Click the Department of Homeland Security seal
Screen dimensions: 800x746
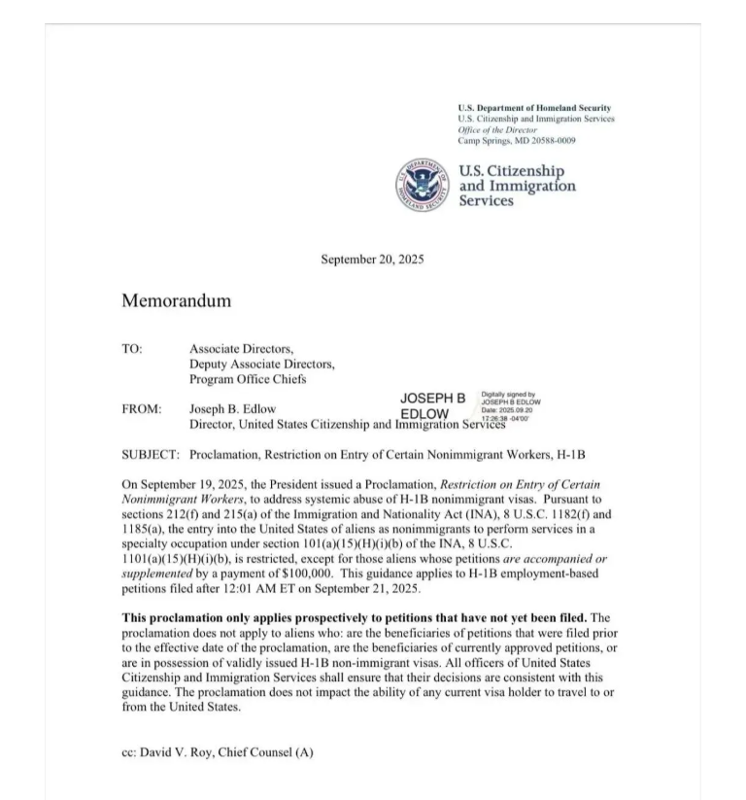[x=424, y=185]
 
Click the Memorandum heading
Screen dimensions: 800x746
[x=176, y=300]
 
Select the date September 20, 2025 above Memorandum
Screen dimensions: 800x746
[x=372, y=259]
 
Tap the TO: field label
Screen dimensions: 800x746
[x=131, y=348]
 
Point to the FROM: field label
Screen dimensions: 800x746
[x=141, y=409]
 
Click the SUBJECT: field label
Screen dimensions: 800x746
[x=151, y=454]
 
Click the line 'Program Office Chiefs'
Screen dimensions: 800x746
[x=248, y=379]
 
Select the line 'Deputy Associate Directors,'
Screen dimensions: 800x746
[x=261, y=364]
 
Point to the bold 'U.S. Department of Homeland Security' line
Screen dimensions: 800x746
[x=534, y=108]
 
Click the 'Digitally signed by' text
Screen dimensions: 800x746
[x=508, y=395]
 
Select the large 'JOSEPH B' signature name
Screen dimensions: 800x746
[x=432, y=399]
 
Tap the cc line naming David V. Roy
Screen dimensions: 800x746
[x=217, y=752]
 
